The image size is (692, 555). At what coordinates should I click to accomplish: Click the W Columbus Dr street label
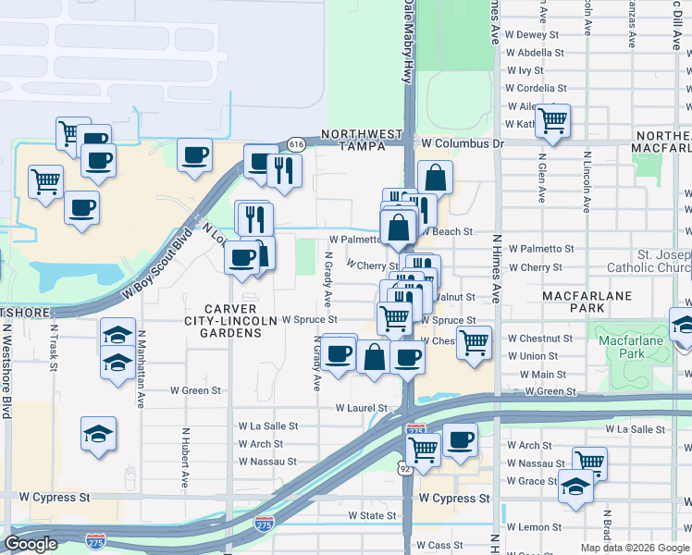click(462, 143)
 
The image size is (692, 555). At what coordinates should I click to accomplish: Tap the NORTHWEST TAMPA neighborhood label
click(363, 140)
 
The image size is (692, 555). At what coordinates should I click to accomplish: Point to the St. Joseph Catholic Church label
click(649, 258)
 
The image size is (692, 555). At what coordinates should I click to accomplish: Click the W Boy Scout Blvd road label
click(161, 264)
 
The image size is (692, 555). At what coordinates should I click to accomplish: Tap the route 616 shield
click(296, 144)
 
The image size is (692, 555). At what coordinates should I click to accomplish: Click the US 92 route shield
click(406, 469)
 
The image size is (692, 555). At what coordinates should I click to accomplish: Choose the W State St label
click(372, 515)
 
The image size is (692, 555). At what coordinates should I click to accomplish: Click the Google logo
click(31, 544)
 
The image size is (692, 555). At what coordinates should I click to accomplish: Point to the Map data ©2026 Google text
click(635, 548)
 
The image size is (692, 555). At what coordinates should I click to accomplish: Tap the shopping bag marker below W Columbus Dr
click(435, 177)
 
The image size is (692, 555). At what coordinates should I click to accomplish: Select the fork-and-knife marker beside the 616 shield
click(285, 169)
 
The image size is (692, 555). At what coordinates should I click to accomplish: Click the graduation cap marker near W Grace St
click(575, 487)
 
